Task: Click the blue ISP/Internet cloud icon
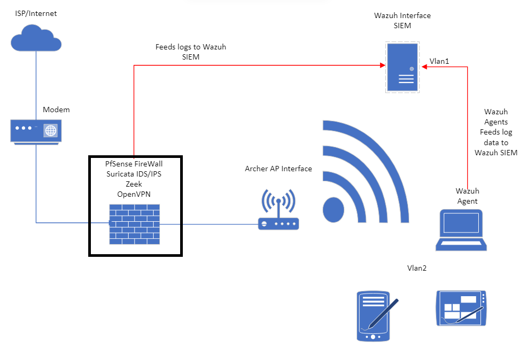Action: (36, 38)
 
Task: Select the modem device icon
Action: (36, 130)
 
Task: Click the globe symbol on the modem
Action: (50, 130)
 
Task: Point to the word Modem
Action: (56, 110)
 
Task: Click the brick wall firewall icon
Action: (134, 224)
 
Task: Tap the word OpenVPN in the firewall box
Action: (134, 194)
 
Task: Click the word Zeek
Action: (134, 183)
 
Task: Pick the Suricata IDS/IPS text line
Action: (134, 174)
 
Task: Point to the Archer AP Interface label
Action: (278, 169)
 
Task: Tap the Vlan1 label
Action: (440, 61)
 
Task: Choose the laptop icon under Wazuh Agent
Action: (461, 230)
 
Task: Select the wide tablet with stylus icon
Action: (461, 308)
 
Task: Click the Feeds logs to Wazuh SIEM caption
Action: (191, 52)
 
